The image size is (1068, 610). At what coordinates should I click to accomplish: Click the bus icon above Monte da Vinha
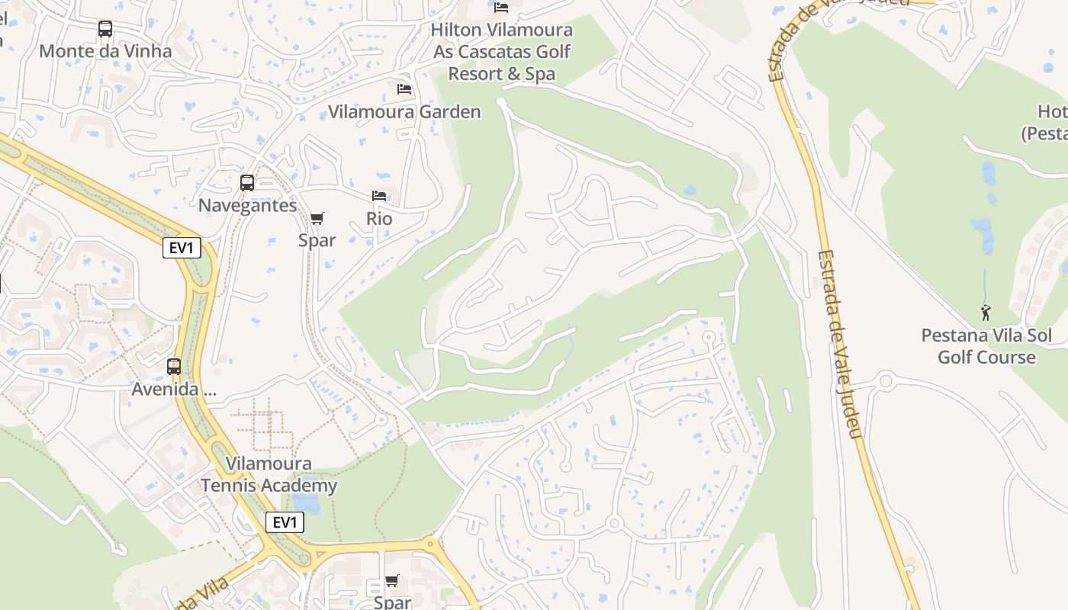(105, 29)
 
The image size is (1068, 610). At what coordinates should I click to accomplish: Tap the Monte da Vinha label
(105, 51)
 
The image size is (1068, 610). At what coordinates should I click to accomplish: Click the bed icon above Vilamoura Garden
(404, 89)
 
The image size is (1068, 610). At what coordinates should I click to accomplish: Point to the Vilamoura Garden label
(404, 112)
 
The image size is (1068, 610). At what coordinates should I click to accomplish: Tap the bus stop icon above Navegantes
(247, 183)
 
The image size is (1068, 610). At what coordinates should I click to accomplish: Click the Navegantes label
(247, 205)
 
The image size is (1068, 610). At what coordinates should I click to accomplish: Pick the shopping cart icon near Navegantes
(317, 219)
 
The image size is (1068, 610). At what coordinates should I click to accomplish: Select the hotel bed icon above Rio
(379, 196)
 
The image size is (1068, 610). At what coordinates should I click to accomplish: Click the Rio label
(379, 219)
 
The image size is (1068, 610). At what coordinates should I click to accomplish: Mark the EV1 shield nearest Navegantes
(182, 248)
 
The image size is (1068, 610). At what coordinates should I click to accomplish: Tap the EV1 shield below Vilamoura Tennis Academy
(285, 522)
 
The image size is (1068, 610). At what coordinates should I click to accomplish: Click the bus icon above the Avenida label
(174, 367)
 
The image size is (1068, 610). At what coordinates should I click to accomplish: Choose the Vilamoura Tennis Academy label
(269, 474)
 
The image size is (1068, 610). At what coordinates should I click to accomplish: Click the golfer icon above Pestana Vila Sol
(986, 312)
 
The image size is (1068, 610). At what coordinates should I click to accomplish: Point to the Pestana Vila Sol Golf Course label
(986, 346)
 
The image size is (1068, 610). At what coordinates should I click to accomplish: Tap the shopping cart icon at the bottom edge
(392, 581)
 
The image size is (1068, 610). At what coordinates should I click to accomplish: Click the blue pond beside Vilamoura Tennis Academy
(306, 502)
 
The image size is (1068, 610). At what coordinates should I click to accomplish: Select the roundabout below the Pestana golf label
(886, 380)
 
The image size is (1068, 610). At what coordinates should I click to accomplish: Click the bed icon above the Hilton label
(501, 8)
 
